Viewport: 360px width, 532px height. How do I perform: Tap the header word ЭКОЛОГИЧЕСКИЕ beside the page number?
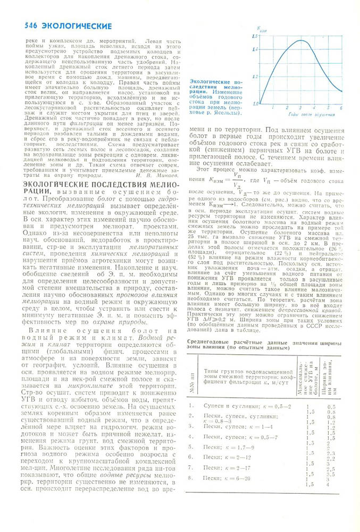pos(77,26)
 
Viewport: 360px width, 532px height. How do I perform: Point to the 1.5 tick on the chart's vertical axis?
pos(255,36)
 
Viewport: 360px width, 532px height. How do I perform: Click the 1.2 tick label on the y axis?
pos(255,77)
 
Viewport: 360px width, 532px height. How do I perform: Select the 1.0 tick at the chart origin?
pos(255,103)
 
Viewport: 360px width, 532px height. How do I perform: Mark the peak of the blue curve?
pos(300,40)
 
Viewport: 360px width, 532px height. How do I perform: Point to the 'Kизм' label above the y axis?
pos(261,30)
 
